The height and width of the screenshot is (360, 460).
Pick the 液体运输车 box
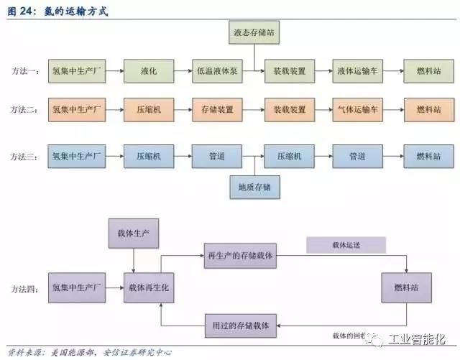click(x=357, y=71)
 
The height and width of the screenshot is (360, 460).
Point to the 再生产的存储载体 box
click(x=239, y=256)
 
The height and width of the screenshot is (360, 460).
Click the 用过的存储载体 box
click(x=239, y=325)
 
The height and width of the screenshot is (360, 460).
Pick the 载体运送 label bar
click(x=346, y=245)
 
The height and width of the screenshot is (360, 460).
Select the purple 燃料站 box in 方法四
click(x=406, y=287)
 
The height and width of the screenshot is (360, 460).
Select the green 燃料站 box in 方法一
click(x=428, y=71)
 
